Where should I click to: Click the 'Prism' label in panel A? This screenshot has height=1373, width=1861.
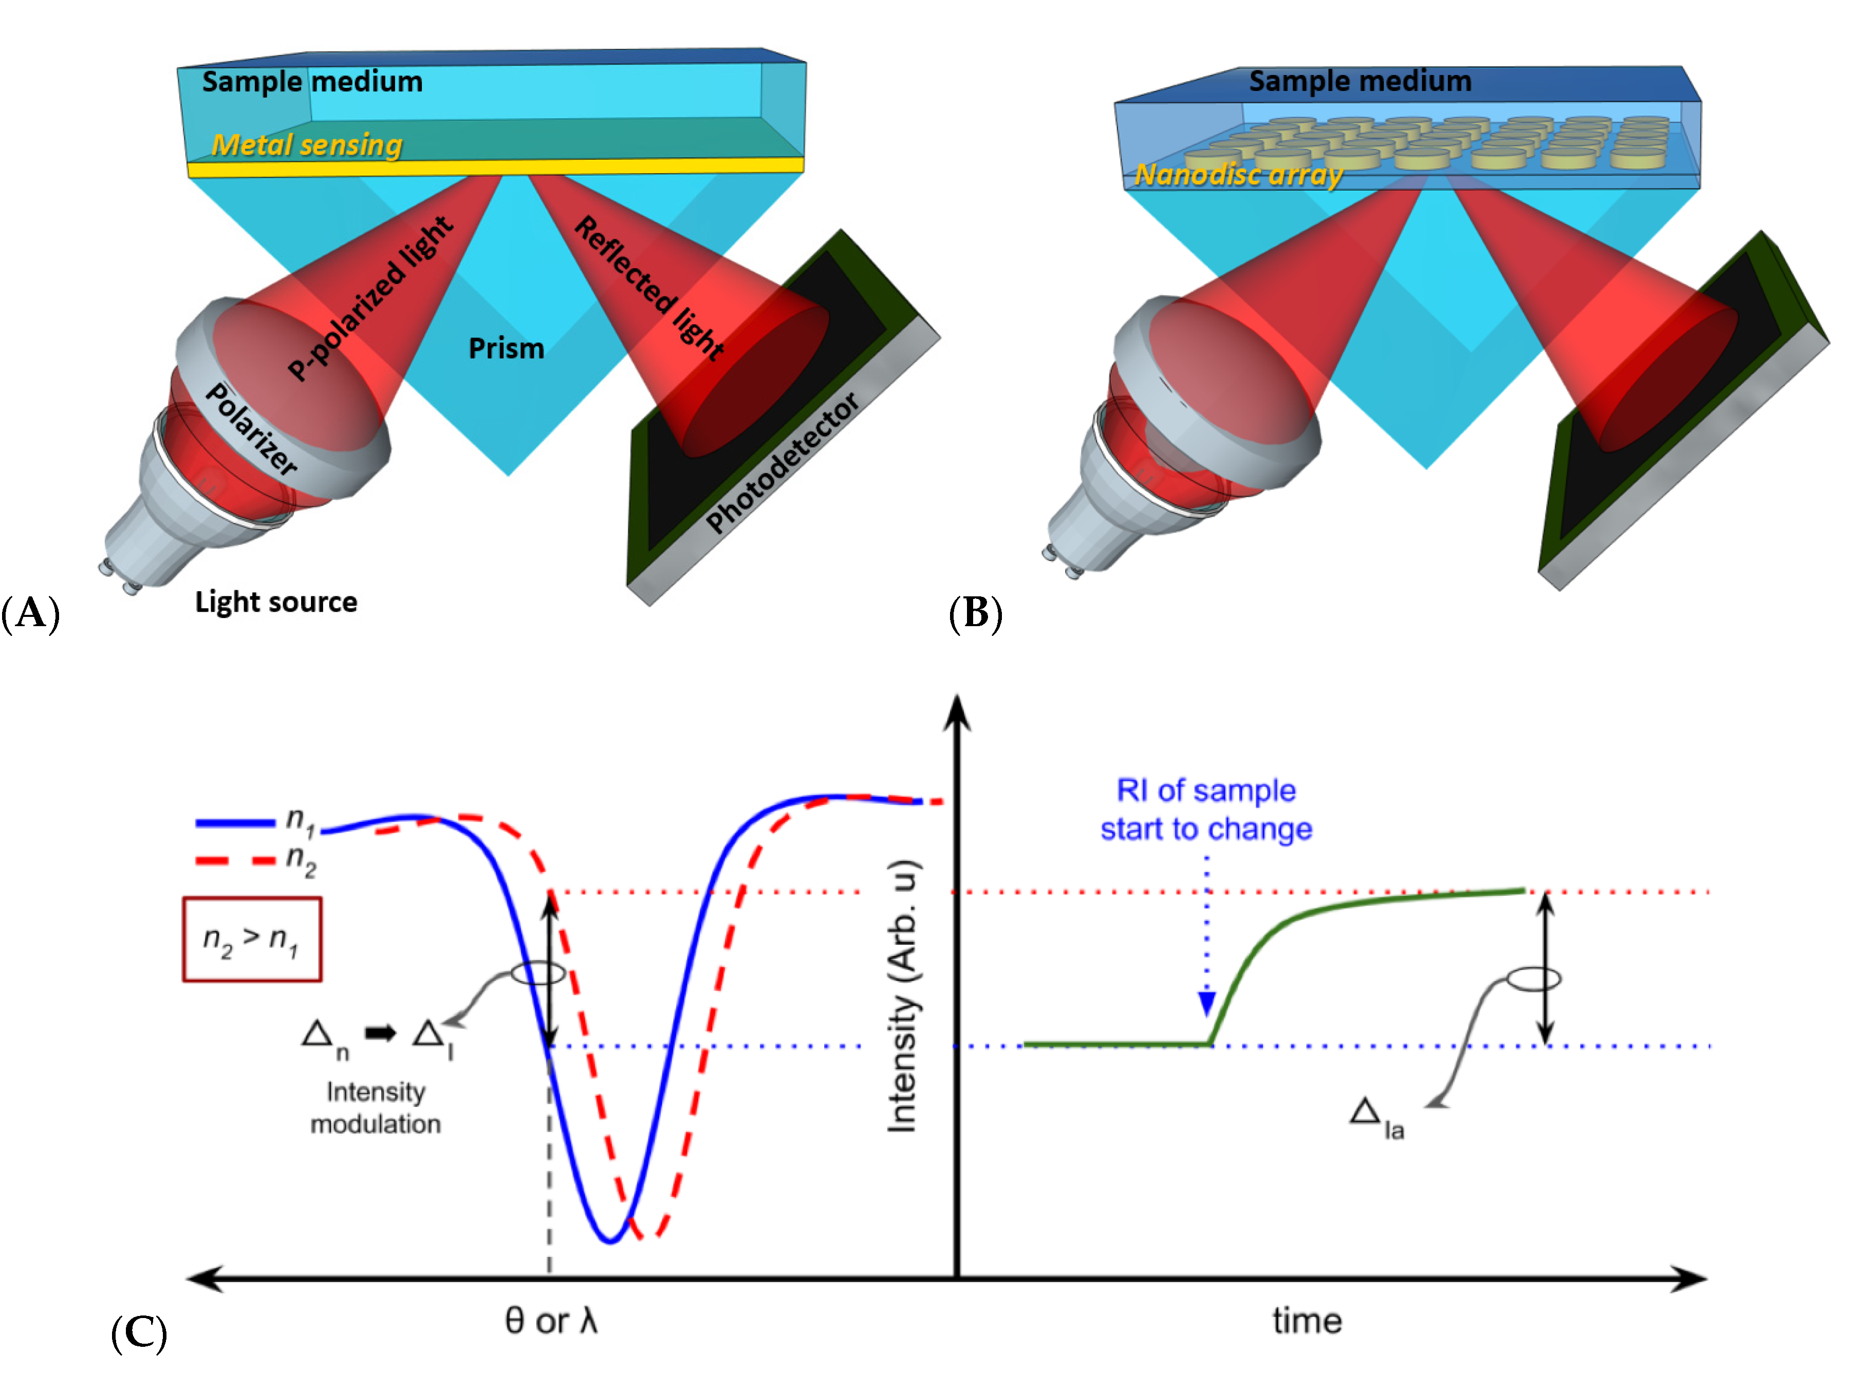[x=506, y=348]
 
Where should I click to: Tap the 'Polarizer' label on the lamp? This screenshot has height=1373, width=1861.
[x=251, y=430]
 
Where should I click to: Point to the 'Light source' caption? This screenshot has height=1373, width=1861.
[x=276, y=601]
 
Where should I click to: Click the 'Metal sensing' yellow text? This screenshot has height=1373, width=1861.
[x=307, y=145]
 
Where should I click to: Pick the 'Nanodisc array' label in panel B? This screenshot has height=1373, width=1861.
[x=1238, y=175]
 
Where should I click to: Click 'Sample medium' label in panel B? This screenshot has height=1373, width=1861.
[x=1360, y=82]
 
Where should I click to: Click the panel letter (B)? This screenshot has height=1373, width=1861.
[x=975, y=613]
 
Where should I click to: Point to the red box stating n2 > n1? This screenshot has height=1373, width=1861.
[x=252, y=939]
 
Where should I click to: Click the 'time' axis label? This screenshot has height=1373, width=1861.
[x=1307, y=1321]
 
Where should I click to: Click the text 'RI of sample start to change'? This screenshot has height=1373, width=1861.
[x=1206, y=810]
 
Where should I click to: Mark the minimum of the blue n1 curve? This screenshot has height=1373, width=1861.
[x=611, y=1242]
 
